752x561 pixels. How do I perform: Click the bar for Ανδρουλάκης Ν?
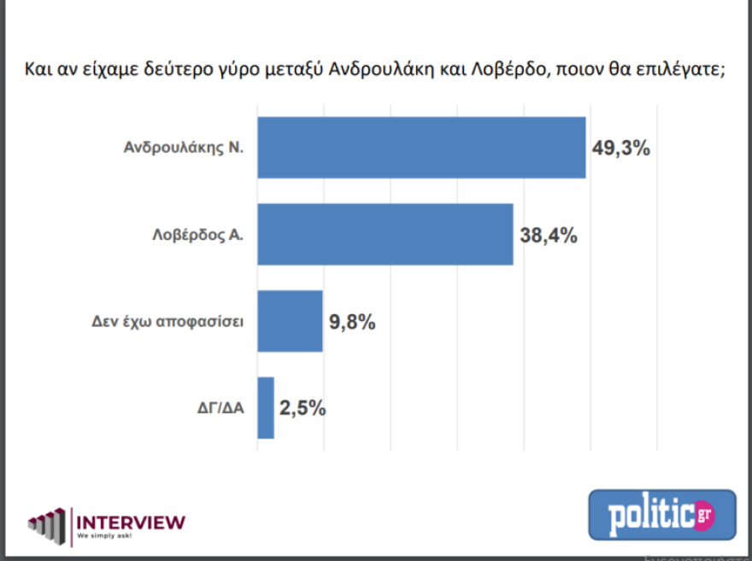[x=421, y=148]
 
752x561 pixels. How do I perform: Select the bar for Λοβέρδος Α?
[x=385, y=234]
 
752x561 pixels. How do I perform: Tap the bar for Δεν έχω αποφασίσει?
[x=290, y=321]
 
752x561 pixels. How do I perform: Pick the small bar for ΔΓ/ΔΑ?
[x=266, y=407]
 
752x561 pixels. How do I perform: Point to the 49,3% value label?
[x=621, y=148]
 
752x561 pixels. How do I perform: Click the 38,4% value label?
[x=548, y=234]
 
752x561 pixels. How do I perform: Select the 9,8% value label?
[x=353, y=322]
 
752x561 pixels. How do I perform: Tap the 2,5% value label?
[x=303, y=407]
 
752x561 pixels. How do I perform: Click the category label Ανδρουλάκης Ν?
[x=184, y=148]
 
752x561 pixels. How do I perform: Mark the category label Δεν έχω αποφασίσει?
[x=168, y=322]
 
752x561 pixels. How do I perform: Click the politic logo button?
[x=661, y=515]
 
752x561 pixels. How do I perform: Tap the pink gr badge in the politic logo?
[x=704, y=515]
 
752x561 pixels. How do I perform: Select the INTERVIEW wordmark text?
[x=131, y=521]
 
